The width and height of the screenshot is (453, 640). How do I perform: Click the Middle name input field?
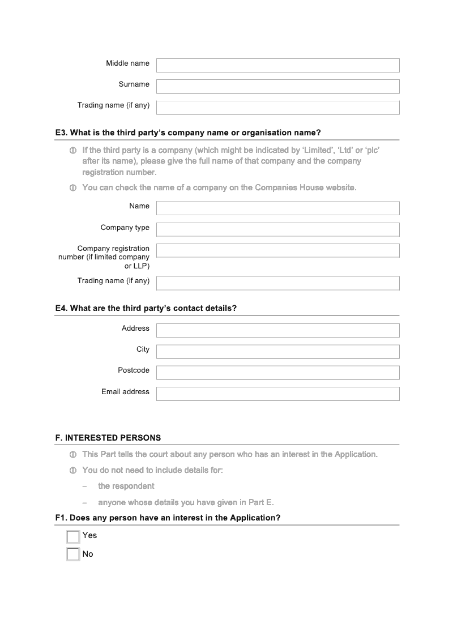(277, 65)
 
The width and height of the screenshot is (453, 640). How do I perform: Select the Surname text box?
(277, 86)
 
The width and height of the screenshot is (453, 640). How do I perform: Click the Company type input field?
(277, 229)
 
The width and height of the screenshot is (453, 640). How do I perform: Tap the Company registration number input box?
(277, 250)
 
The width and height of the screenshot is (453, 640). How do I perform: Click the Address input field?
(277, 330)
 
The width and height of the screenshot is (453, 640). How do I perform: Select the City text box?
(277, 351)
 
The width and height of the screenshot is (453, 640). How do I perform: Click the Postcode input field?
(277, 372)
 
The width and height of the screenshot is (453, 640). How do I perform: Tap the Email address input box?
(277, 394)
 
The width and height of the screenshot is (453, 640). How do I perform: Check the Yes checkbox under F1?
(73, 536)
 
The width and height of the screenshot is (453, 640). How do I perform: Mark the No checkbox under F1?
(73, 554)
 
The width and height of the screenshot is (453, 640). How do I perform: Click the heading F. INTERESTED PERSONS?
(108, 438)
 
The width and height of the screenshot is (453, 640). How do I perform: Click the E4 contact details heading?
(146, 309)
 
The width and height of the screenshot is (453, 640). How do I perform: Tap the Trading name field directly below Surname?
(277, 108)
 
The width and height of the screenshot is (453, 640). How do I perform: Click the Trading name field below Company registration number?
(277, 283)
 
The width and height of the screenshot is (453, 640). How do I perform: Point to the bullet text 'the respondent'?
(126, 486)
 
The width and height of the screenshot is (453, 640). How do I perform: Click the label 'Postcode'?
(134, 370)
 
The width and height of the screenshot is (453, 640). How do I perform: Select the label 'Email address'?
(125, 392)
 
